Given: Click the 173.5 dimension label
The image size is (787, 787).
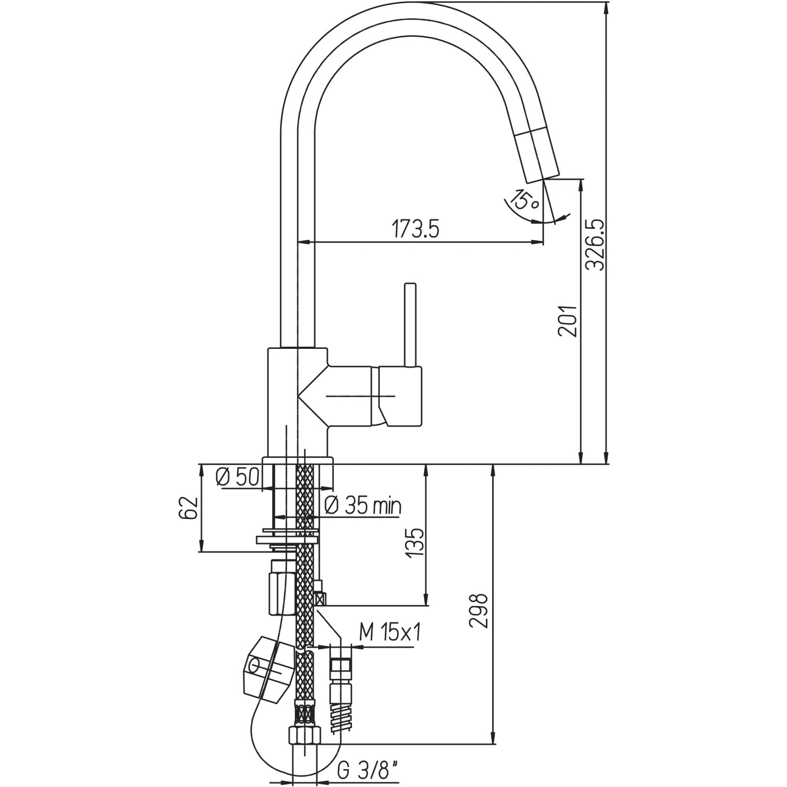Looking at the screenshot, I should point(414,230).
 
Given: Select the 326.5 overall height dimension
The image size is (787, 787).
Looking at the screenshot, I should point(595,245).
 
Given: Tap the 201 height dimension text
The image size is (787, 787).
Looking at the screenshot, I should point(567,321).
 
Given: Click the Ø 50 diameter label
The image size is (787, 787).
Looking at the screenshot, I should point(237,477).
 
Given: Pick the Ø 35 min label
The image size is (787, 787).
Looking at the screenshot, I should point(363,506).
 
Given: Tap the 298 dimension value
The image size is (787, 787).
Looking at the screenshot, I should point(478,611).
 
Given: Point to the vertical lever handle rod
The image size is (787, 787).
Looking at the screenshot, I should point(410,325).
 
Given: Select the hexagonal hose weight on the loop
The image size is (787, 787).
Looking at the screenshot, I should point(268,669).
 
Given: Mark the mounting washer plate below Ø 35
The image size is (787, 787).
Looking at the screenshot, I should point(287,539).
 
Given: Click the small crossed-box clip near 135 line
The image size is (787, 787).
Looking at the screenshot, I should point(320,598).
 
